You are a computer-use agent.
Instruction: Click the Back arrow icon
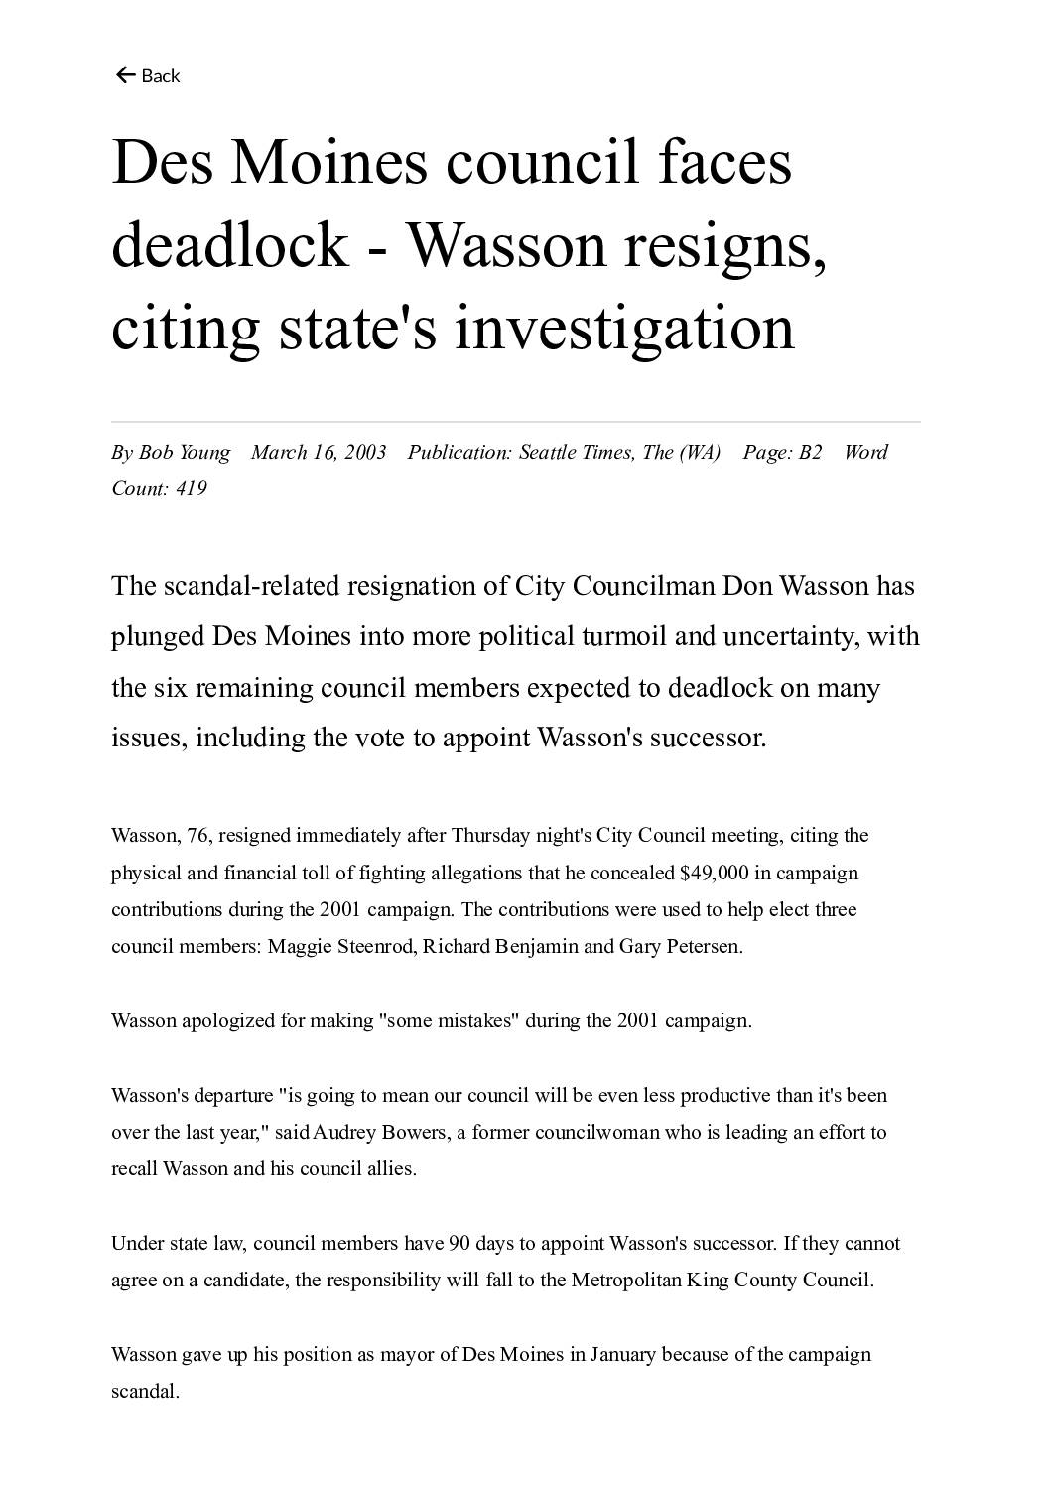point(125,75)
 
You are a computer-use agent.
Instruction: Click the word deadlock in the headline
point(229,244)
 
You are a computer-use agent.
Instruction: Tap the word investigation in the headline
point(624,327)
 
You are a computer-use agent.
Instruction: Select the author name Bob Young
point(184,453)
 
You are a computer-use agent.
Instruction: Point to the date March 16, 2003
point(319,453)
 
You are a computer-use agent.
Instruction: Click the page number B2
point(810,453)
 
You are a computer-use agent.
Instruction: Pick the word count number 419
point(191,488)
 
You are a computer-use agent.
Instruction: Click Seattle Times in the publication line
point(576,453)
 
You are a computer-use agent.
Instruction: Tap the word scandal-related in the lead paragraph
point(251,586)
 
